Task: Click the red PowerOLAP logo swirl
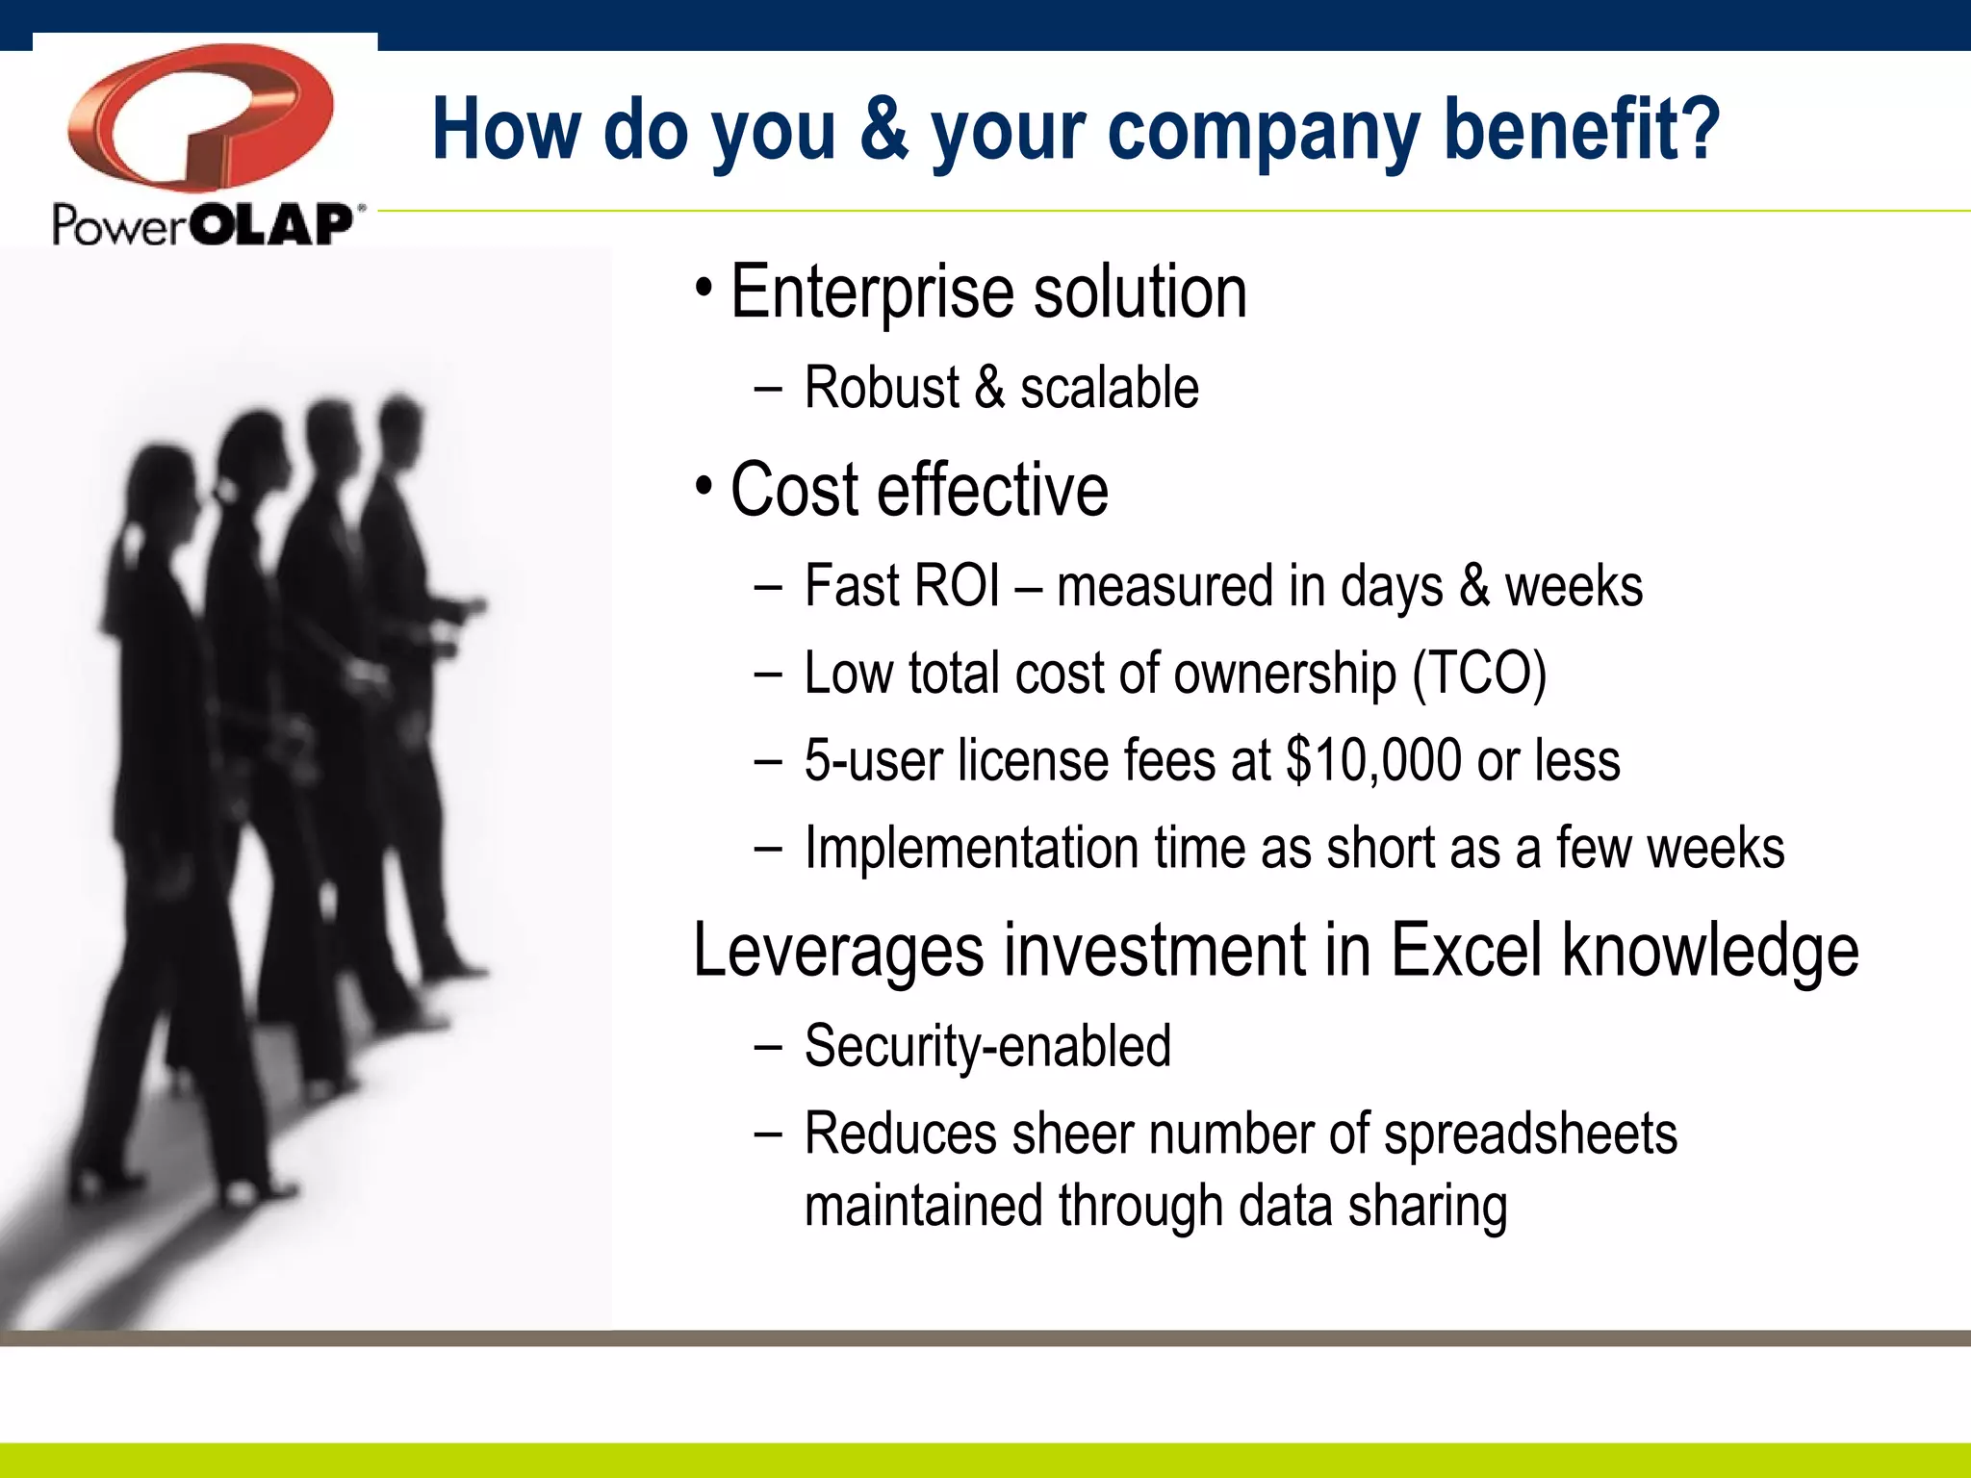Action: point(200,115)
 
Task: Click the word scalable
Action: point(1109,388)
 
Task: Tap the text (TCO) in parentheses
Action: point(1479,673)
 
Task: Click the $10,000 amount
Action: point(1374,760)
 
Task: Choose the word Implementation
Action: point(971,849)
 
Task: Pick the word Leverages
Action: point(838,951)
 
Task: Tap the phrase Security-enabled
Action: point(987,1046)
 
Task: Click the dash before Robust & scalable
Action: point(768,390)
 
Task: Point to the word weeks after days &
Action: point(1574,586)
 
